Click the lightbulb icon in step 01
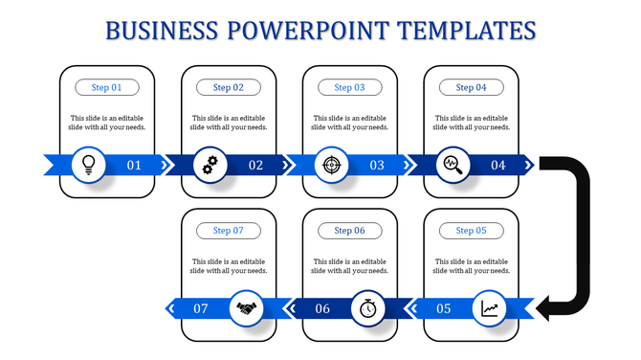tap(89, 165)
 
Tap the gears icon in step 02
tap(210, 165)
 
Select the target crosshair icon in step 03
tap(331, 165)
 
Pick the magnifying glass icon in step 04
tap(453, 165)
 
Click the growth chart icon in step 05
tap(491, 308)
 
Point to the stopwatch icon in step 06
tap(369, 308)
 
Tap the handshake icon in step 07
tap(249, 308)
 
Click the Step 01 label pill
tap(107, 87)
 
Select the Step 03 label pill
tap(349, 87)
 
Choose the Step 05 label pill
tap(471, 231)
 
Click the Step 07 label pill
tap(229, 231)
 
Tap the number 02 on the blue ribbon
tap(255, 165)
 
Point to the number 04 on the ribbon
tap(498, 165)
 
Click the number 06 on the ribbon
tap(322, 308)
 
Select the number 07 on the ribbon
tap(201, 308)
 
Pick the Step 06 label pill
tap(349, 231)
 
